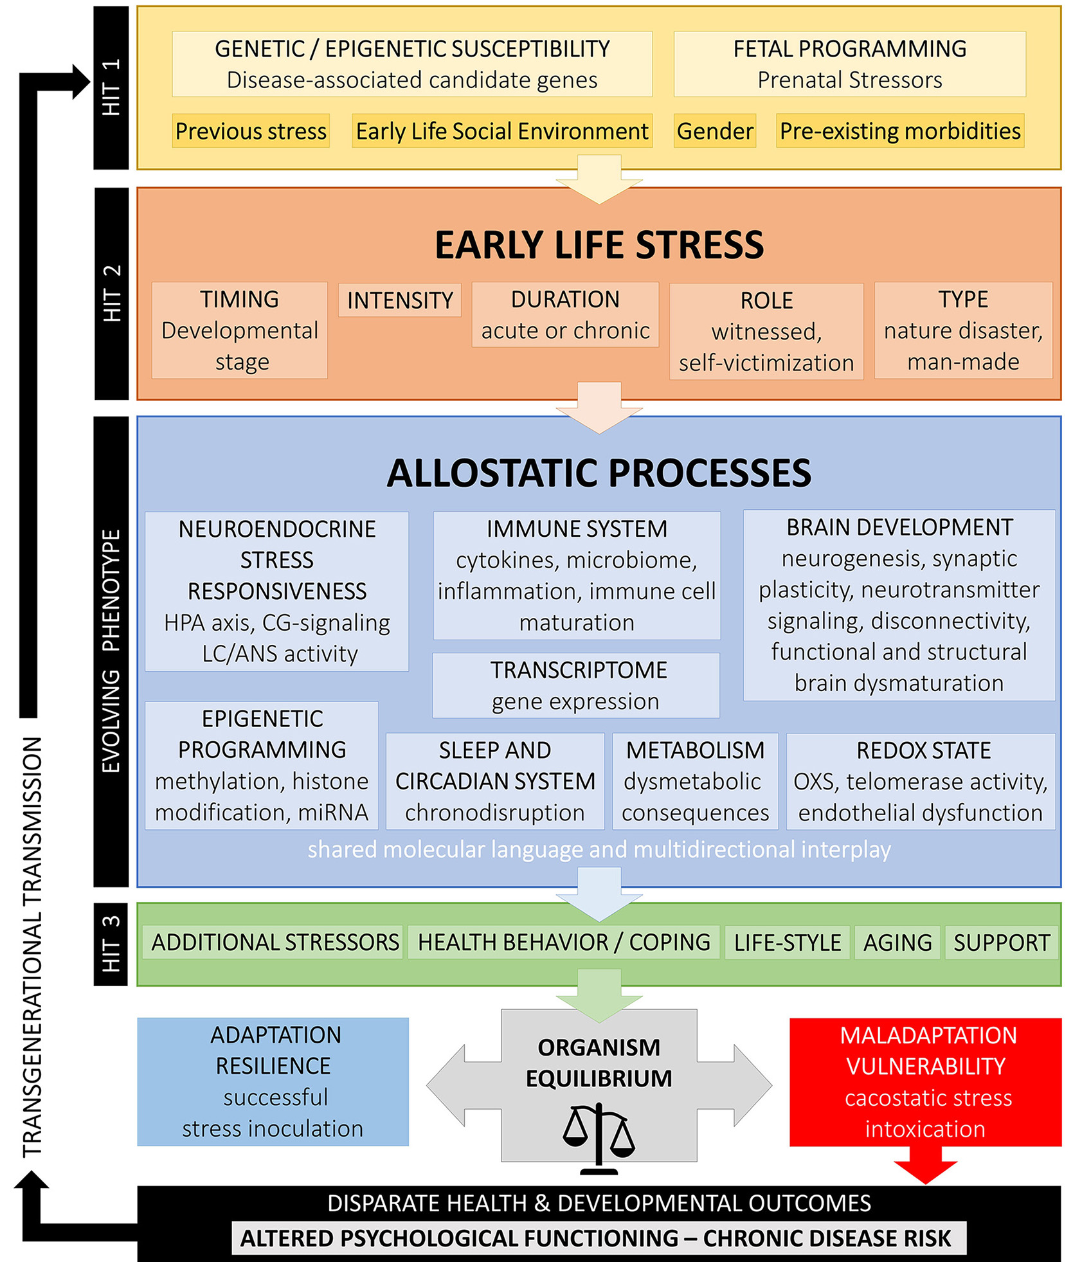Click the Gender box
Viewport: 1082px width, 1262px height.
click(x=714, y=131)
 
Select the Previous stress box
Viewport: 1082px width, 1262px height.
click(x=250, y=131)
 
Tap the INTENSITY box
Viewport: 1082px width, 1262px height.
click(x=399, y=300)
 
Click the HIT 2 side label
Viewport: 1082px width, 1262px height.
click(x=111, y=293)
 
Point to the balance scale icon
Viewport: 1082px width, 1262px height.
click(x=599, y=1138)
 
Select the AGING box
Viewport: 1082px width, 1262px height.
click(x=897, y=942)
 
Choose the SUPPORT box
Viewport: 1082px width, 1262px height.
click(x=1001, y=942)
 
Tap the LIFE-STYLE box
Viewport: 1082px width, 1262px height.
click(x=787, y=942)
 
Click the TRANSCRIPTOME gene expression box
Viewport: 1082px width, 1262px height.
click(x=575, y=685)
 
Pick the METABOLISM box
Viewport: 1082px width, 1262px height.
click(x=695, y=781)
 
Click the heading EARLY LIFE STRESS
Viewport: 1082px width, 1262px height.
click(x=599, y=245)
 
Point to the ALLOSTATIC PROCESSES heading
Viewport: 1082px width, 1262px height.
click(x=599, y=473)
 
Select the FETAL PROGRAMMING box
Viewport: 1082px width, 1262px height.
click(x=849, y=64)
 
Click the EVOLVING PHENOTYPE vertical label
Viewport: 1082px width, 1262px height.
click(x=111, y=651)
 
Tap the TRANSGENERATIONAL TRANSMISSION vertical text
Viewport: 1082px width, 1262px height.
click(x=32, y=945)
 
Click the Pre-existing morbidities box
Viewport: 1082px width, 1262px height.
click(x=899, y=131)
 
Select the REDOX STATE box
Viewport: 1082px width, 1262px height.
click(x=921, y=781)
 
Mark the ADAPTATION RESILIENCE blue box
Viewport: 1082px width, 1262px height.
click(x=273, y=1081)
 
